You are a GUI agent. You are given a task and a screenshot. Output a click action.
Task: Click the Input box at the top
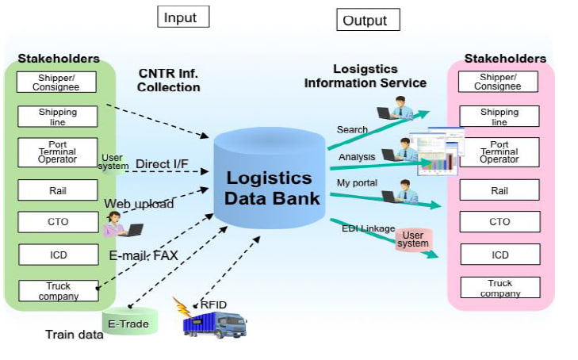[183, 17]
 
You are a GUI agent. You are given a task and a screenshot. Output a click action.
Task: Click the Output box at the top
[368, 20]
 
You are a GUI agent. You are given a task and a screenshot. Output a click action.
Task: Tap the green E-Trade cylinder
[131, 321]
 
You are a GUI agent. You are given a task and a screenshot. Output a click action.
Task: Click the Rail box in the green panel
[57, 190]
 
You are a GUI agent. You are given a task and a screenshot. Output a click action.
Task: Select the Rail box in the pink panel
[500, 190]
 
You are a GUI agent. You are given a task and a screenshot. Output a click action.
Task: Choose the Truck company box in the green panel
[57, 291]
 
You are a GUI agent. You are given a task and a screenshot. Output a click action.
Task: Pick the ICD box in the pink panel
[500, 255]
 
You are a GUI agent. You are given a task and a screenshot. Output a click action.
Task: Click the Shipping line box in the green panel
[57, 117]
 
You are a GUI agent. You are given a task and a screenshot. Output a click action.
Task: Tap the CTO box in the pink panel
[500, 222]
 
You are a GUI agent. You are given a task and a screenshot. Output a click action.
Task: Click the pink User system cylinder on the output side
[414, 239]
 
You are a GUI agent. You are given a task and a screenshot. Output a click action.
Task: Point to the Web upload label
[139, 204]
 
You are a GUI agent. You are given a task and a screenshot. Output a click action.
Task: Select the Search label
[352, 129]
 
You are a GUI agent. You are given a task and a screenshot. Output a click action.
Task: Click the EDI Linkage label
[368, 228]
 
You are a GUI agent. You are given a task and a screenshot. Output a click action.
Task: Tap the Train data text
[74, 335]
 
